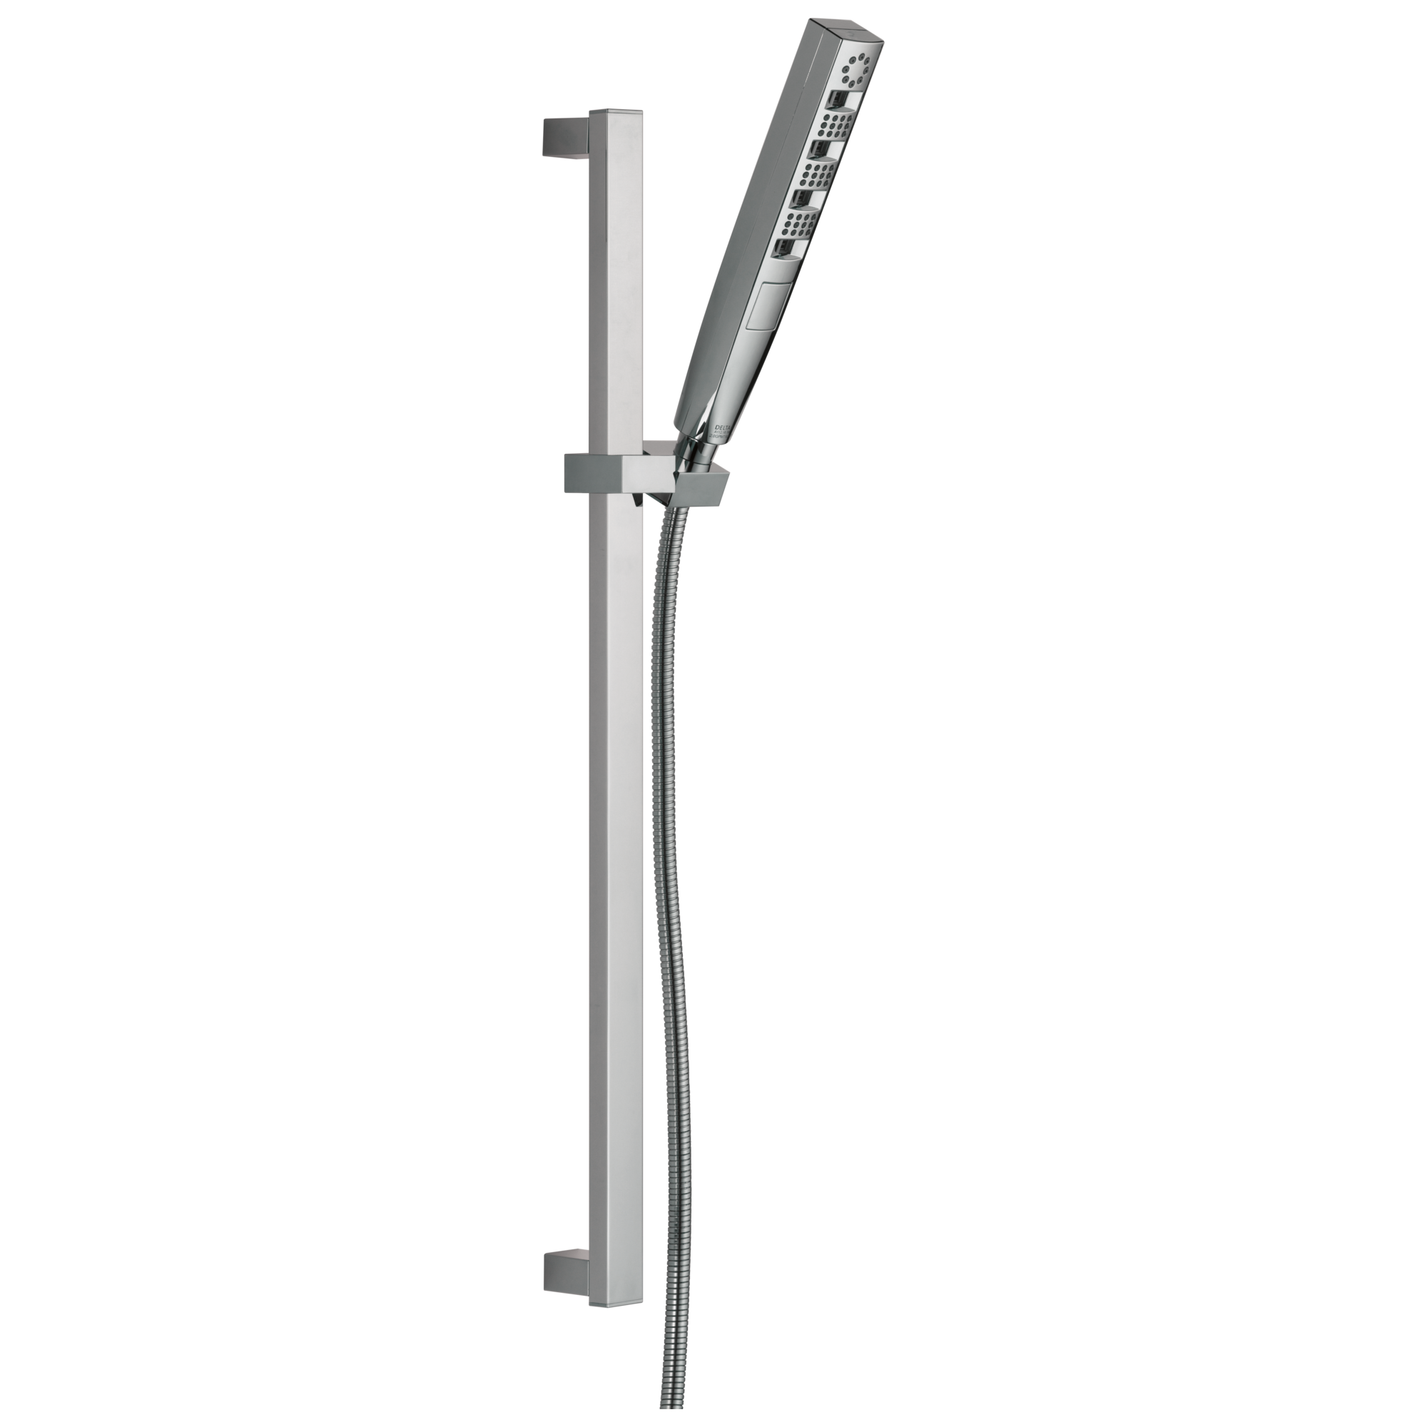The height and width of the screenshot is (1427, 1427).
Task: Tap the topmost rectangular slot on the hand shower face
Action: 840,98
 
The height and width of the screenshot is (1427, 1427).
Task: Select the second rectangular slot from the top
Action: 818,150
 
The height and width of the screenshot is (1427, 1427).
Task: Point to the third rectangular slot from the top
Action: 801,198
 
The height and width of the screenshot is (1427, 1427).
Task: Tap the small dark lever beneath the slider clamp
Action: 633,500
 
